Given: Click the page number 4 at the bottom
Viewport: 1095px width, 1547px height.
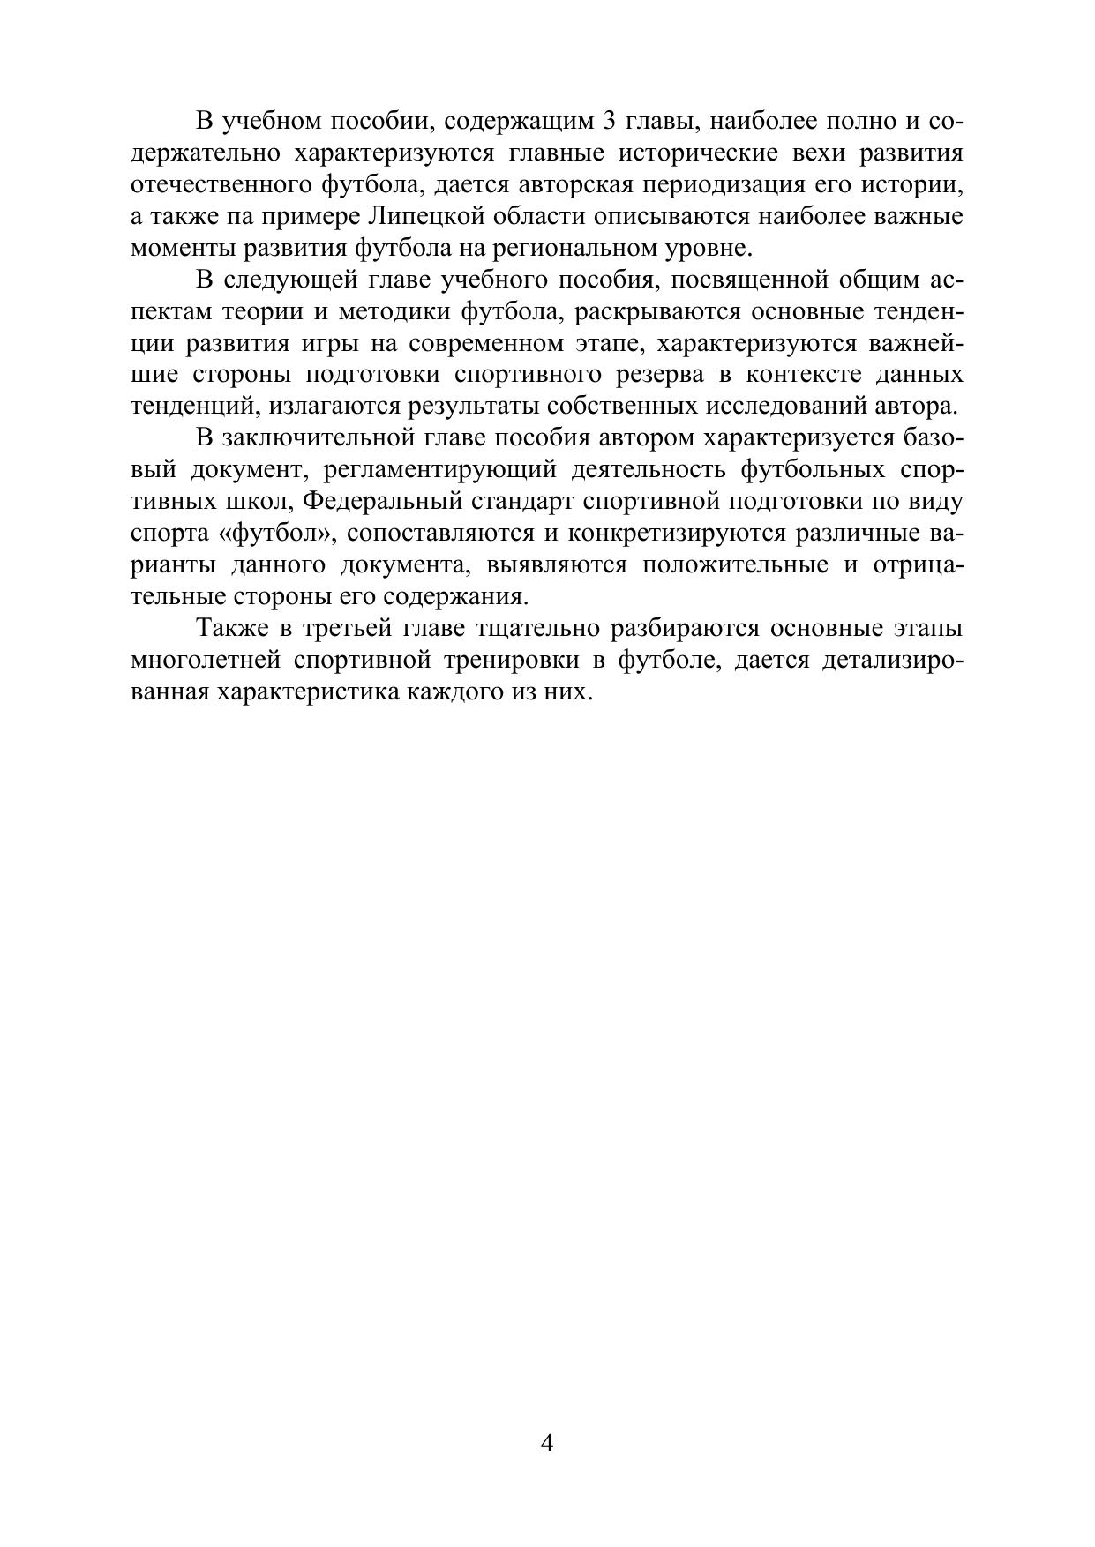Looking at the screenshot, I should [546, 1444].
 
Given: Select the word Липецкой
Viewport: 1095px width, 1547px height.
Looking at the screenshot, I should [426, 216].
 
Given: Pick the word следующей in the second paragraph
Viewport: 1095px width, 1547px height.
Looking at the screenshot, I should [282, 280].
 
